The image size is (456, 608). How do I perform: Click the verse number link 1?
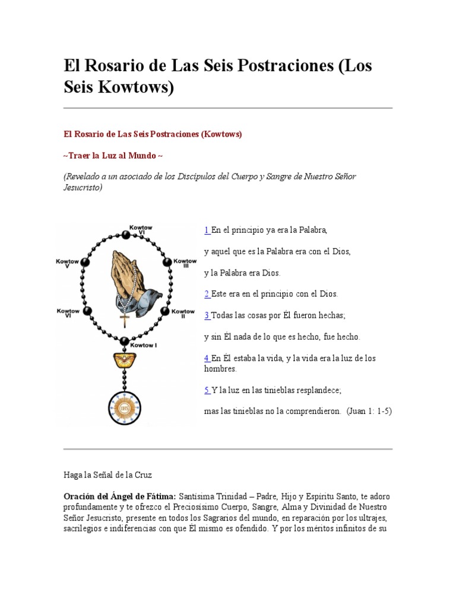pos(207,230)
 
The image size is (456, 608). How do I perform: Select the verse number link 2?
pos(207,294)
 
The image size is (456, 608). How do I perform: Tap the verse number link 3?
pos(207,315)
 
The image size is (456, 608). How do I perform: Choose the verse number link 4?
pos(207,358)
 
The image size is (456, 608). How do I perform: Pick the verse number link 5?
pos(207,390)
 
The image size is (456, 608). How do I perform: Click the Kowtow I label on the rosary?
pos(143,344)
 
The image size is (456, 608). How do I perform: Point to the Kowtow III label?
pos(185,264)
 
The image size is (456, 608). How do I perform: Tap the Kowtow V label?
pos(68,264)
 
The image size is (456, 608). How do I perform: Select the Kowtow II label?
pos(183,313)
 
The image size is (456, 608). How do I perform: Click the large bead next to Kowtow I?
pos(124,341)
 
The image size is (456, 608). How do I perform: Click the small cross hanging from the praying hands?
pos(125,319)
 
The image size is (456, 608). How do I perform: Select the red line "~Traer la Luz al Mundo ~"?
pos(113,156)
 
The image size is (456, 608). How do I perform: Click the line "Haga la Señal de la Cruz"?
pos(108,475)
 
